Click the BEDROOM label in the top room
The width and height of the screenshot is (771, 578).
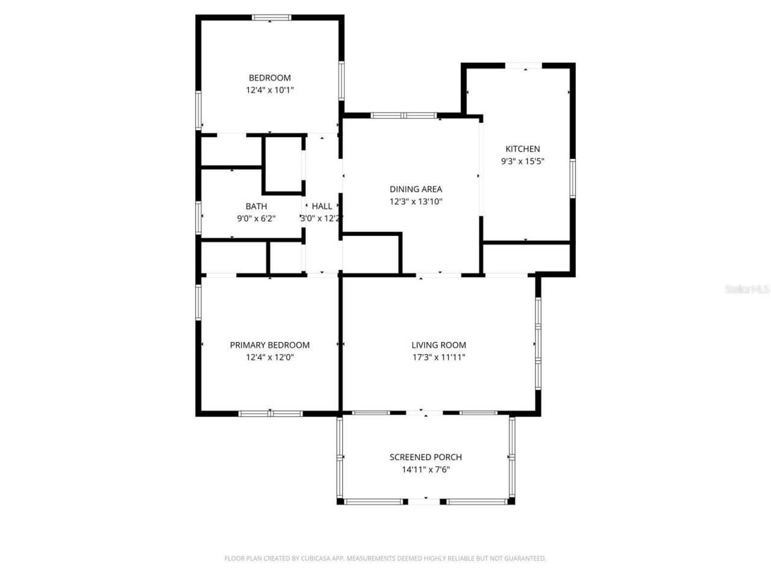coord(270,78)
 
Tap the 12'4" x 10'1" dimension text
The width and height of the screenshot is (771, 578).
coord(270,90)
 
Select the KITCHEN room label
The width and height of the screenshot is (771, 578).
coord(522,149)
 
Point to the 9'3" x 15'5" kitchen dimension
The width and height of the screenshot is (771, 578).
coord(522,161)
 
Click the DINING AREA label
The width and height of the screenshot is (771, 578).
coord(416,189)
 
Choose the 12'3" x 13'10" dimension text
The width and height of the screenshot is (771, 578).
coord(416,201)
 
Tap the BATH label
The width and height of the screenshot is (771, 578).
coord(256,207)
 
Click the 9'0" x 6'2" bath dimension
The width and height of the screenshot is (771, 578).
coord(256,219)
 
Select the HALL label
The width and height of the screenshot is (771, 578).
coord(322,207)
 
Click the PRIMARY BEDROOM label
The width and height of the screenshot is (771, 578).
coord(270,345)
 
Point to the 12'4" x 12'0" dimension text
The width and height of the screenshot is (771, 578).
coord(270,357)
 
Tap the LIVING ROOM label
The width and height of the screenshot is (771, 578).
coord(439,345)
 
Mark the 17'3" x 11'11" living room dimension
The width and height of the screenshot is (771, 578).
coord(439,357)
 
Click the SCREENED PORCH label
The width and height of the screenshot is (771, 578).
coord(426,457)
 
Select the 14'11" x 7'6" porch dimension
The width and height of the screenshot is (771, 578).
coord(426,469)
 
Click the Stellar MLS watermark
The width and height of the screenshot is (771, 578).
coord(747,290)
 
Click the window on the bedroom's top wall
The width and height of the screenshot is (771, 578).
coord(271,18)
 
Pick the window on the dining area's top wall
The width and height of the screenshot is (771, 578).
coord(404,115)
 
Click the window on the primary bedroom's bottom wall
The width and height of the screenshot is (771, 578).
coord(271,414)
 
